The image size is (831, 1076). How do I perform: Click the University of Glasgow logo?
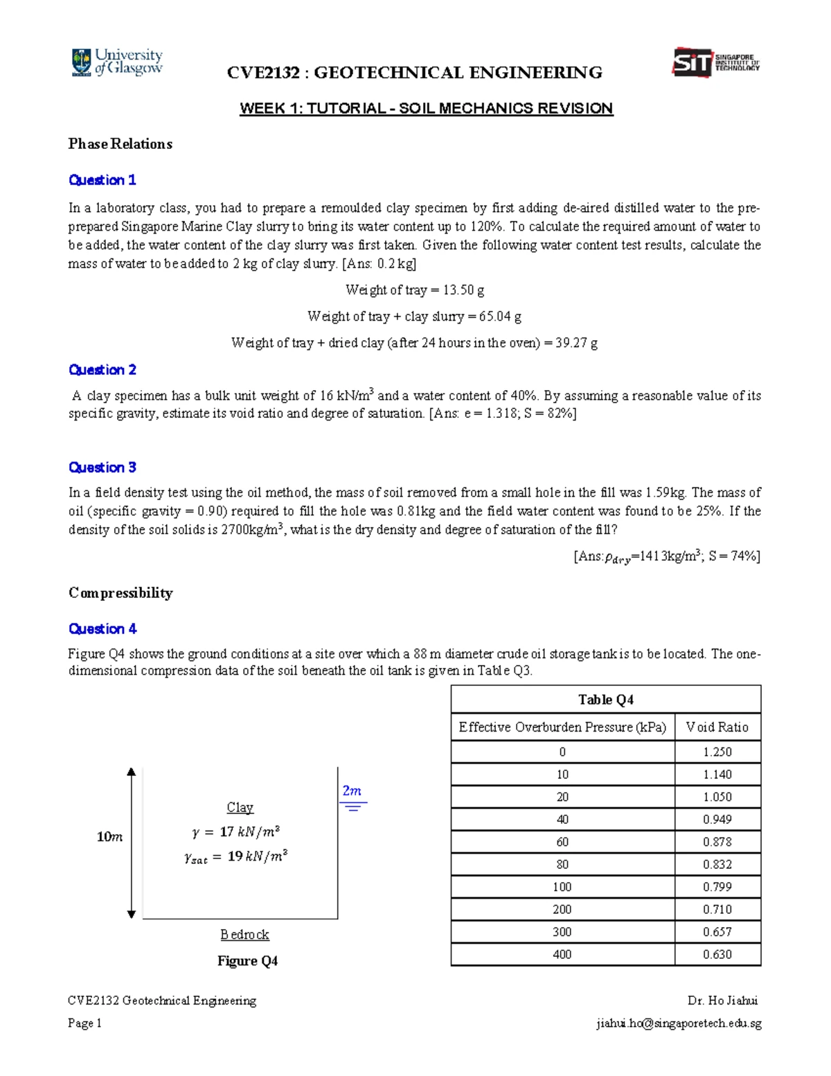click(116, 62)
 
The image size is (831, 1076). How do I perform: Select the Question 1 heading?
click(102, 180)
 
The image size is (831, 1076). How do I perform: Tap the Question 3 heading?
click(102, 468)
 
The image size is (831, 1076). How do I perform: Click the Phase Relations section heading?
click(120, 144)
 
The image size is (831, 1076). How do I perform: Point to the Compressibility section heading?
click(120, 593)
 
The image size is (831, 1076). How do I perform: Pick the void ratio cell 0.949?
click(717, 820)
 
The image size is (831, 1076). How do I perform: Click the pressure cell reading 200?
click(562, 910)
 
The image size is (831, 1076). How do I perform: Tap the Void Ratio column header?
click(717, 727)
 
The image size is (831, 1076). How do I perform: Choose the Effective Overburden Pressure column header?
click(562, 727)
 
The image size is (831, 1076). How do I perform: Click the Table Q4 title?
click(605, 700)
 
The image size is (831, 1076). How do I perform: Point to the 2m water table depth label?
click(352, 791)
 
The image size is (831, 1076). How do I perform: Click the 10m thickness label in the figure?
click(109, 837)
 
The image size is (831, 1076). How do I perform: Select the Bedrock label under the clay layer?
click(244, 935)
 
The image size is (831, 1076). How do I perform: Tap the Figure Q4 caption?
click(247, 961)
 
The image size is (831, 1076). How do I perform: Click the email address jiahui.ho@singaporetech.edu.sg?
click(678, 1023)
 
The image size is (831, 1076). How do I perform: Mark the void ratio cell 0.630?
click(717, 955)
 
